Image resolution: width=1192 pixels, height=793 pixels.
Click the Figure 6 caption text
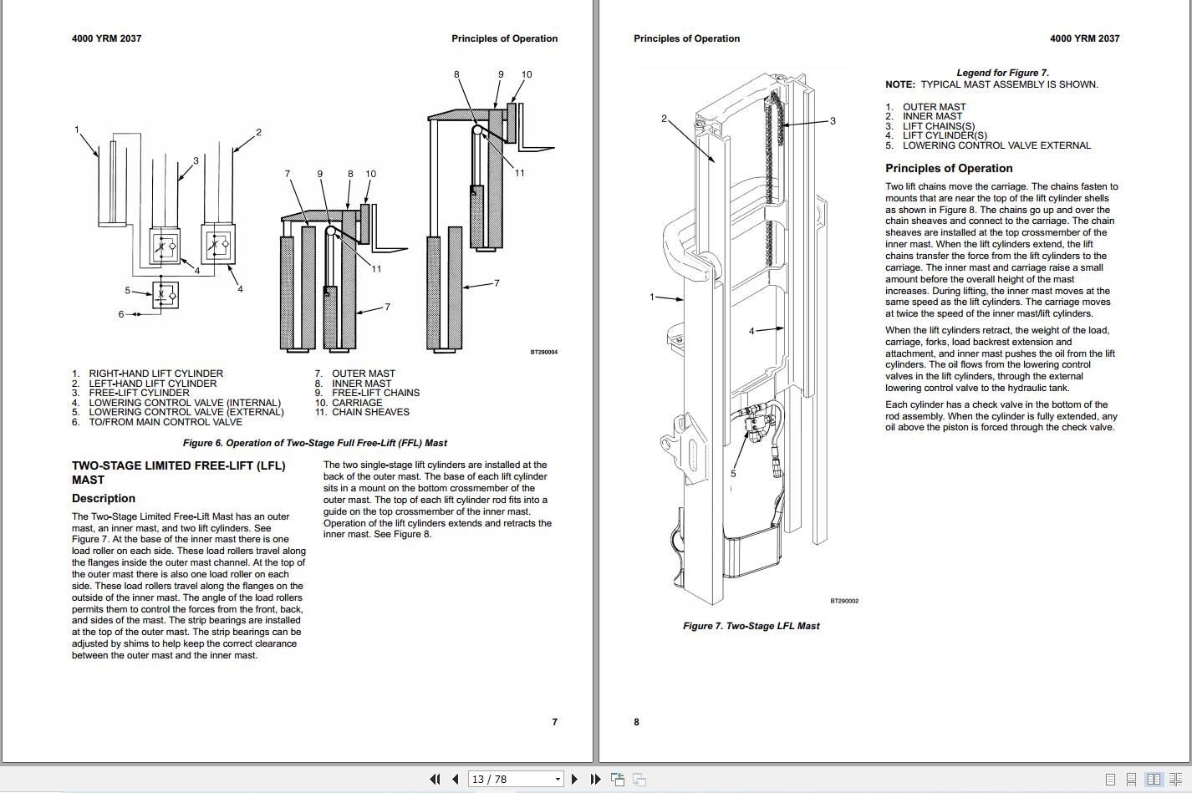click(x=314, y=443)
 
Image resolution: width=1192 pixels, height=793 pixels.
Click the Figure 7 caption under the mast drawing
click(x=751, y=626)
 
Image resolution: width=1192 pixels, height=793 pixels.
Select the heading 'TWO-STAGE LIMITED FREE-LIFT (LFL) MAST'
click(x=179, y=473)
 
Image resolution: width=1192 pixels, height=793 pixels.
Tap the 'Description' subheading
click(x=104, y=498)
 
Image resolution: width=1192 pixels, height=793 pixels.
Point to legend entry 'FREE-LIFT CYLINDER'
click(x=139, y=393)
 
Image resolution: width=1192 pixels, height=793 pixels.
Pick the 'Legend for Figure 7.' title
click(x=1002, y=73)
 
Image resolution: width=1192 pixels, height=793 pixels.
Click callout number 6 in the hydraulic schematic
click(x=121, y=314)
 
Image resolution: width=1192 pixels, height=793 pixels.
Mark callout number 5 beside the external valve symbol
click(x=127, y=291)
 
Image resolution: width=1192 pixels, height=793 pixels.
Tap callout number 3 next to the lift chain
click(x=833, y=120)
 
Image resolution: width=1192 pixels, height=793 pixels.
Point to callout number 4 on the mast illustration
click(x=751, y=331)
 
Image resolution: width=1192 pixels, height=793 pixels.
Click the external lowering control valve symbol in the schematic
click(x=166, y=295)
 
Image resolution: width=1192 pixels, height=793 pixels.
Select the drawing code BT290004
click(x=544, y=352)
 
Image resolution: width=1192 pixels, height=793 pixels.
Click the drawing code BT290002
click(x=844, y=601)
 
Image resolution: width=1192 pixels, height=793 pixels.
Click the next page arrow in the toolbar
click(x=574, y=779)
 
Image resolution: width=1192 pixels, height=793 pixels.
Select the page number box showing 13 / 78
click(x=515, y=779)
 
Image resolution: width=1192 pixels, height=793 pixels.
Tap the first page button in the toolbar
click(x=435, y=779)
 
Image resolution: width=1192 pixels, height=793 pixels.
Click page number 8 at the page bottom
click(x=636, y=722)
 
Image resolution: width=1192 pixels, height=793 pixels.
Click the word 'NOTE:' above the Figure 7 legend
click(x=900, y=84)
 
